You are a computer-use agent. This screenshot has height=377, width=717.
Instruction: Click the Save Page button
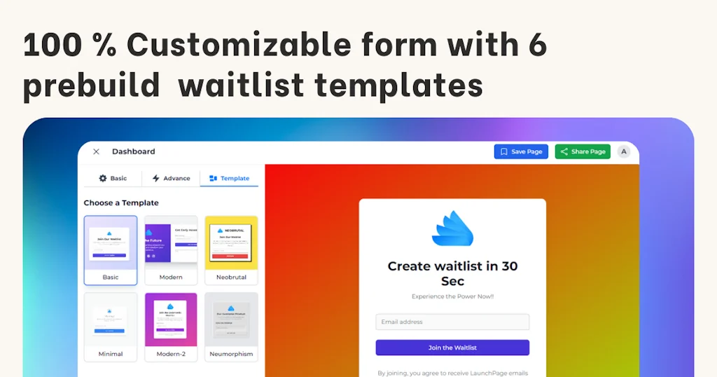[x=522, y=151]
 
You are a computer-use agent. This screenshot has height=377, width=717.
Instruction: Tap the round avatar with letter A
[x=623, y=151]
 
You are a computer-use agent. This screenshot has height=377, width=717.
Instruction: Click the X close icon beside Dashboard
[x=97, y=151]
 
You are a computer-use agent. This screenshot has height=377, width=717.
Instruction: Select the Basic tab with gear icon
[x=113, y=178]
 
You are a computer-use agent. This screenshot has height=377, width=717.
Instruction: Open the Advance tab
[x=171, y=178]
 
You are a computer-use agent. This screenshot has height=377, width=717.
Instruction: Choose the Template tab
[x=229, y=178]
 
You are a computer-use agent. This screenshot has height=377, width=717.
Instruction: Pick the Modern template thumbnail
[x=171, y=243]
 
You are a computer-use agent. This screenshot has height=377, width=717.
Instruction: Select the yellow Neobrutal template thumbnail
[x=231, y=243]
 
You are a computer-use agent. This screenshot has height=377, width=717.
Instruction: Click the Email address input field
[x=452, y=322]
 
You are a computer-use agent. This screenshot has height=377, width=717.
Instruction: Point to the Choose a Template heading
[x=121, y=203]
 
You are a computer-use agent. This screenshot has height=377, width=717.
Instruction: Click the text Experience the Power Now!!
[x=452, y=296]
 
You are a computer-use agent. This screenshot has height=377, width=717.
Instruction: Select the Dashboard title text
[x=133, y=151]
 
